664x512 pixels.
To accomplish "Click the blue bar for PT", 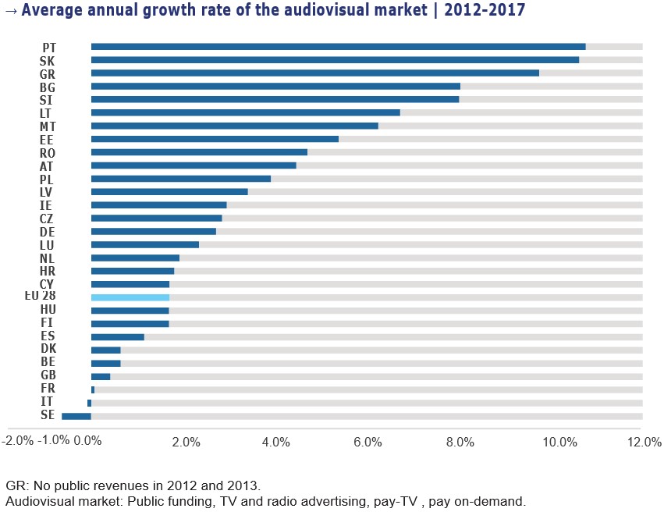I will pos(338,47).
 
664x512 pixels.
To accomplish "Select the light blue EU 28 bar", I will pos(130,297).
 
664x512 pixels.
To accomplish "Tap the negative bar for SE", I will pos(76,416).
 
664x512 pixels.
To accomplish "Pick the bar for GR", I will pos(314,73).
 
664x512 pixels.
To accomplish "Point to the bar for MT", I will pos(234,126).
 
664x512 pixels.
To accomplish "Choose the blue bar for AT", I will pos(194,165).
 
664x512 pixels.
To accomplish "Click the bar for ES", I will pos(118,337).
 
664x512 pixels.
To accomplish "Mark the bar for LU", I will pos(145,244).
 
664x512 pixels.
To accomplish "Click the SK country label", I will pos(47,61).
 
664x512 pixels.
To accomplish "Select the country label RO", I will pos(47,153).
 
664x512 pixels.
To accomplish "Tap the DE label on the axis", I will pos(47,232).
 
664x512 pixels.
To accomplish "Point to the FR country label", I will pos(47,388).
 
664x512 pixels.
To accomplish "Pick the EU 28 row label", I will pos(41,297).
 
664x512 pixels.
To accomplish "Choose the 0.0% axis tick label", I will pos(87,441).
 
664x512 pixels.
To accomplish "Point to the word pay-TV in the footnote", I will pos(446,501).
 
